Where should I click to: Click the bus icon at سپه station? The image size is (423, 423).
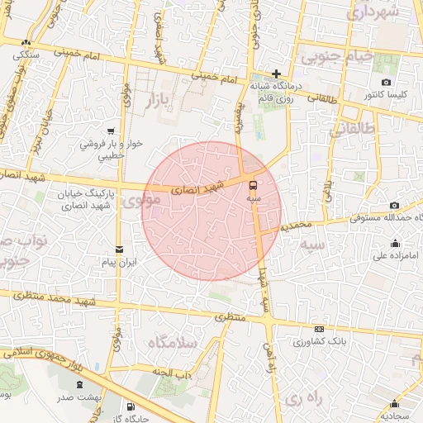click(x=254, y=185)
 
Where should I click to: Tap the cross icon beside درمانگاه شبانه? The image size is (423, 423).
click(x=276, y=74)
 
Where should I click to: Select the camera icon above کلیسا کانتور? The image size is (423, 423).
click(x=387, y=83)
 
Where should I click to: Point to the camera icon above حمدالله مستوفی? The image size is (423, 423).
click(x=394, y=205)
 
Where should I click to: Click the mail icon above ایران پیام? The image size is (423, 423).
click(x=120, y=250)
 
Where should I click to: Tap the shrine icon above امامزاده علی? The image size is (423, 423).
click(x=395, y=243)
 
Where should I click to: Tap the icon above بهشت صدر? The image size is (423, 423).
click(x=79, y=384)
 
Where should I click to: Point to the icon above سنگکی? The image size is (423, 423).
click(x=27, y=42)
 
